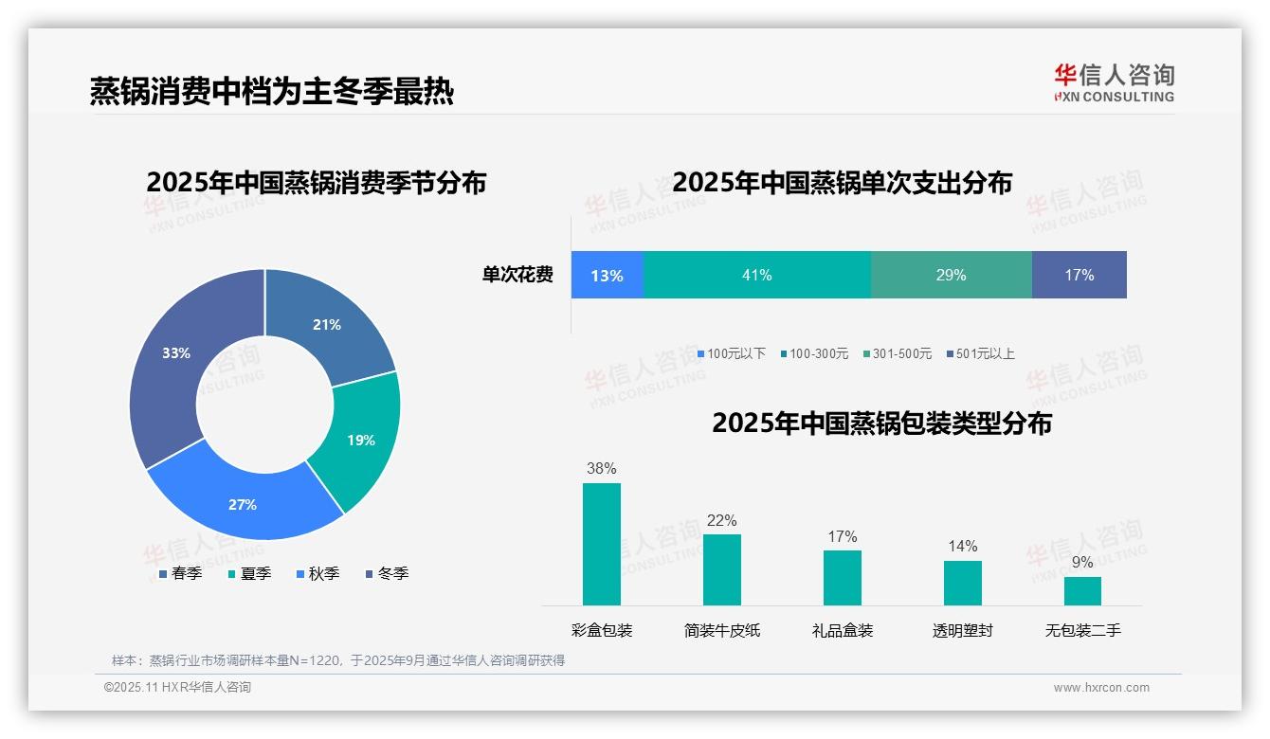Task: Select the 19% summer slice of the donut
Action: point(360,440)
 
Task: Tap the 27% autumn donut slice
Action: point(243,504)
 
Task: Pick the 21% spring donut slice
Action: point(327,325)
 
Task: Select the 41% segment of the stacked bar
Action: point(756,275)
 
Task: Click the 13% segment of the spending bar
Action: point(607,276)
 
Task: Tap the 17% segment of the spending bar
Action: point(1079,275)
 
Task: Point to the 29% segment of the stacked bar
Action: point(951,275)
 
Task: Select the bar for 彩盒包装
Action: point(602,544)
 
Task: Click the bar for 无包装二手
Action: point(1082,590)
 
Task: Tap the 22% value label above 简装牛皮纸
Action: point(721,520)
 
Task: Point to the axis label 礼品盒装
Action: point(843,630)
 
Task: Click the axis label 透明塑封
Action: point(962,630)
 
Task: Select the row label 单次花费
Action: point(517,276)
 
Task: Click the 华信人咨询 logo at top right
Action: point(1114,82)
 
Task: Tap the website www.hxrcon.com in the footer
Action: point(1101,688)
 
